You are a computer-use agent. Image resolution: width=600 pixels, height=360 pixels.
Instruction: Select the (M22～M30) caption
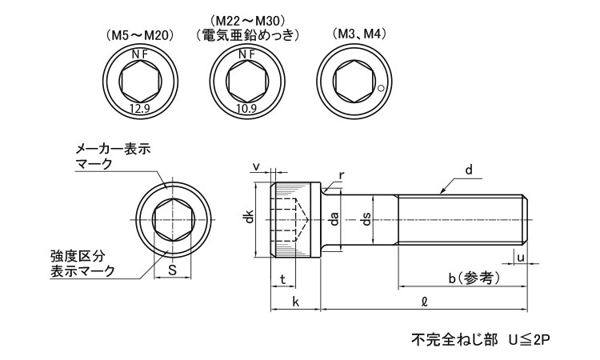tap(247, 19)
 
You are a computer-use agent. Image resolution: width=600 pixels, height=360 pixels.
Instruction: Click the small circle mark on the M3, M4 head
tap(382, 88)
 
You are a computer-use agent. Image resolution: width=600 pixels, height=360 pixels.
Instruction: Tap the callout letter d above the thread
tap(470, 170)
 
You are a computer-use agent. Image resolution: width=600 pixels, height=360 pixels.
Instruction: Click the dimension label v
tap(256, 166)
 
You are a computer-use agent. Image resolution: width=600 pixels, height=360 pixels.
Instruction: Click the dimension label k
tap(295, 302)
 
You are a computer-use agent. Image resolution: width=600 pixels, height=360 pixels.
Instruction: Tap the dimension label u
tap(521, 257)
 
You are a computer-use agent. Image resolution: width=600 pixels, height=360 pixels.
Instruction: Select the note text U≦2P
tap(530, 340)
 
